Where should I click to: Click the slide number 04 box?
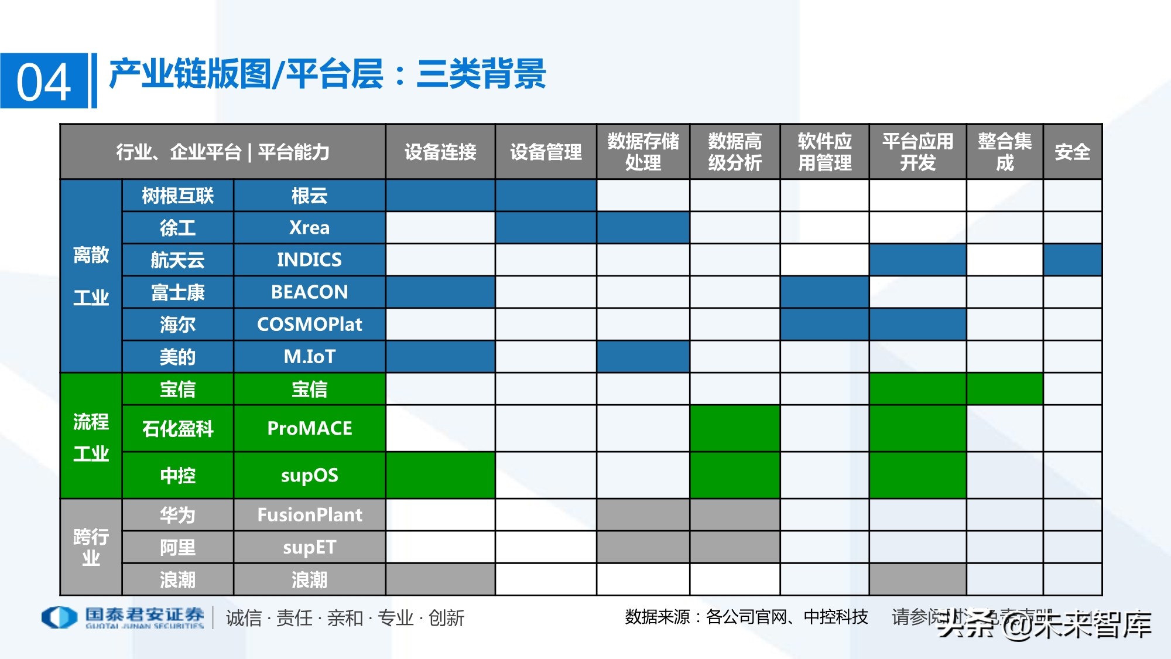pyautogui.click(x=44, y=81)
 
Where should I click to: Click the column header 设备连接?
pyautogui.click(x=440, y=152)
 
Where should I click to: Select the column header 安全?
pyautogui.click(x=1072, y=152)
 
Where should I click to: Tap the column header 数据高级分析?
pyautogui.click(x=735, y=152)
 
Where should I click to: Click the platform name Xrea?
pyautogui.click(x=309, y=227)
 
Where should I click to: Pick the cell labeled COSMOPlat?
pyautogui.click(x=309, y=324)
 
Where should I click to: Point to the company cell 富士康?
pyautogui.click(x=177, y=292)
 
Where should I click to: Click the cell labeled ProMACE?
pyautogui.click(x=309, y=428)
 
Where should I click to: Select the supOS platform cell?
pyautogui.click(x=309, y=475)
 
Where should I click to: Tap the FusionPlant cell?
pyautogui.click(x=309, y=515)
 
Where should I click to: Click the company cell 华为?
pyautogui.click(x=177, y=515)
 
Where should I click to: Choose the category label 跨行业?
pyautogui.click(x=91, y=547)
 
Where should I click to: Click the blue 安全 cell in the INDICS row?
pyautogui.click(x=1072, y=259)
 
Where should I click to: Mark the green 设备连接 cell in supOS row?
pyautogui.click(x=440, y=475)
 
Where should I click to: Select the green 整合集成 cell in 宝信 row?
pyautogui.click(x=1004, y=389)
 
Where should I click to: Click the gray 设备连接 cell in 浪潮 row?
pyautogui.click(x=440, y=579)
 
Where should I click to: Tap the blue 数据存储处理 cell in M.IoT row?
pyautogui.click(x=643, y=356)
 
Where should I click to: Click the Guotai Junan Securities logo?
pyautogui.click(x=123, y=617)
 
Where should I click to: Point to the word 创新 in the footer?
pyautogui.click(x=446, y=618)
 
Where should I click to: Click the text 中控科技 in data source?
pyautogui.click(x=836, y=617)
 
